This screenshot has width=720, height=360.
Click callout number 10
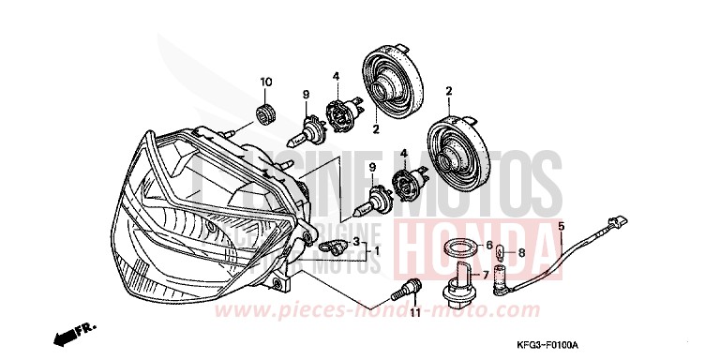click(265, 82)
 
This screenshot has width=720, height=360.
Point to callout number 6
click(489, 247)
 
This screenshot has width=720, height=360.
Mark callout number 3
click(356, 243)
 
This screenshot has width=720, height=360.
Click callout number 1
click(378, 252)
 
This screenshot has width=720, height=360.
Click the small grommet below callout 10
click(265, 115)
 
